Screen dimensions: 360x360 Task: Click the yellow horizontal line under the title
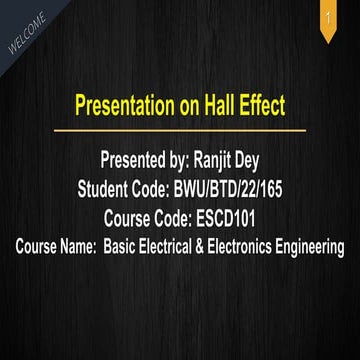coord(180,130)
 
